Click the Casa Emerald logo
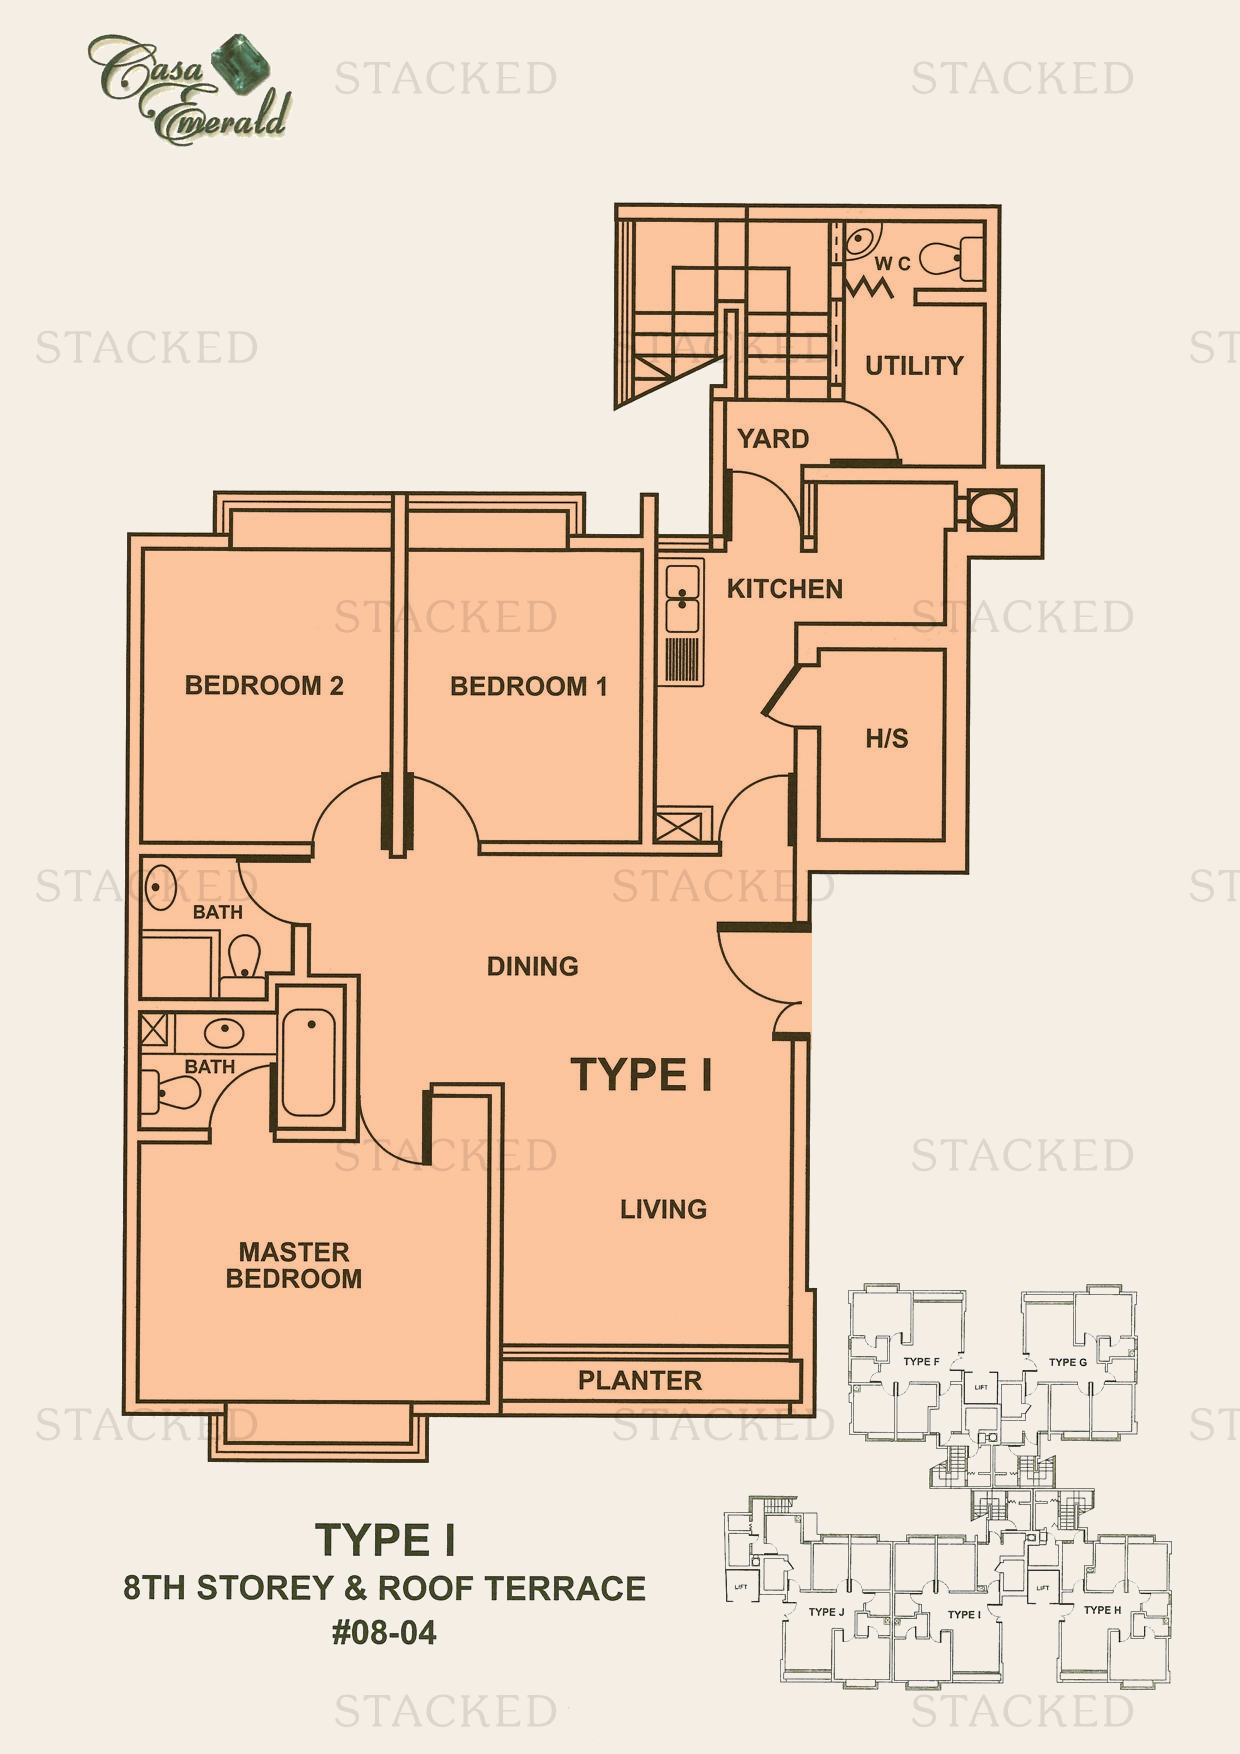coord(189,88)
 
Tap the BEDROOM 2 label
coord(264,686)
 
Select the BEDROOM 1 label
coord(528,687)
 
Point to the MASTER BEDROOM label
coord(294,1265)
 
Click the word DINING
coord(533,966)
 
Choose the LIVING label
coord(663,1209)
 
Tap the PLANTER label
coord(640,1381)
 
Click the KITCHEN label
coord(785,589)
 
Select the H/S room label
coord(887,739)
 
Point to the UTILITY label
coord(914,366)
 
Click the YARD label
coord(773,439)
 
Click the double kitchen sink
coord(683,598)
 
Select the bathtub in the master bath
coord(308,1062)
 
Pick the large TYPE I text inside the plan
coord(642,1075)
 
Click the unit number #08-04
coord(384,1633)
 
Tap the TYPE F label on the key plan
coord(921,1361)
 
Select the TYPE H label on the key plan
coord(1102,1610)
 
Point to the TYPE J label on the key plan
coord(827,1612)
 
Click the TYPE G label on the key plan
coord(1068,1362)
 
